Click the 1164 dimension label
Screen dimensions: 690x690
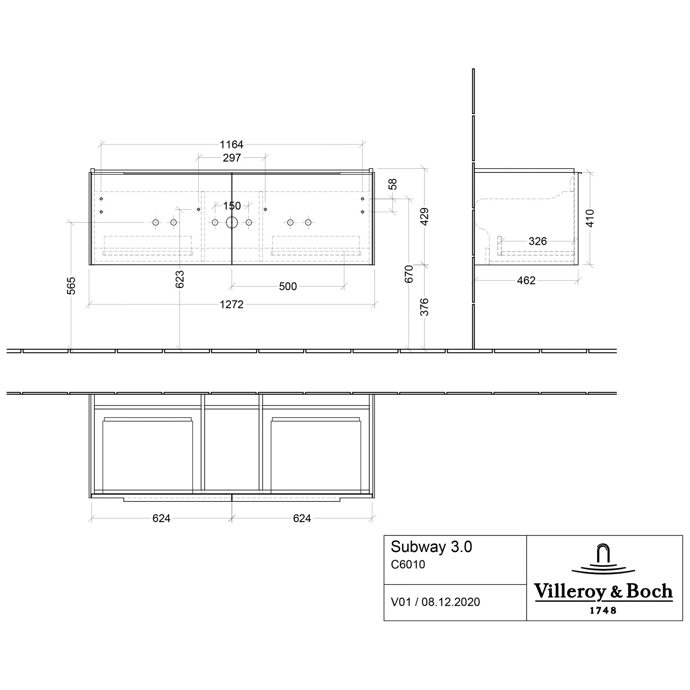pos(231,144)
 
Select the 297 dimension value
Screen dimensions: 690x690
pos(232,158)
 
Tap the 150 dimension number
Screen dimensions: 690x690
pos(232,206)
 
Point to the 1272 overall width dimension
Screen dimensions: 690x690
pos(231,304)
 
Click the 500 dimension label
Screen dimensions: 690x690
pos(288,286)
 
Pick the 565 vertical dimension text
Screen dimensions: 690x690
pos(71,286)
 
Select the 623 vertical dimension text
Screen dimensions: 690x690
pos(180,279)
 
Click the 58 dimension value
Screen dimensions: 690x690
pos(392,184)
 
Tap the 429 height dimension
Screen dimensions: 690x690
pos(425,217)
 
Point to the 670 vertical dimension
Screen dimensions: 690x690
pos(409,274)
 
